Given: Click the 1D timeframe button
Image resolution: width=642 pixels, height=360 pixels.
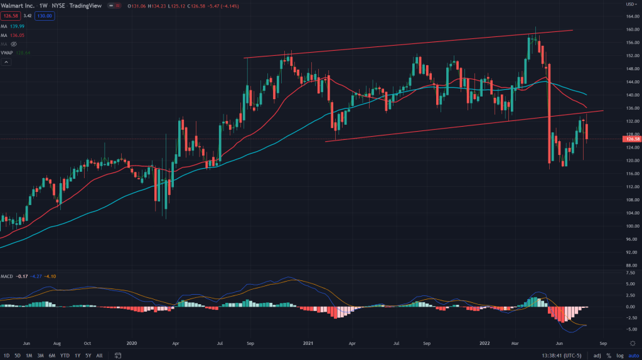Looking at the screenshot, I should [x=6, y=355].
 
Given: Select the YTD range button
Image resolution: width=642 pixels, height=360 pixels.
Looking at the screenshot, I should [x=64, y=355].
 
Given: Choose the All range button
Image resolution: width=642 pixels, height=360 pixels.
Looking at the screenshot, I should [x=99, y=355].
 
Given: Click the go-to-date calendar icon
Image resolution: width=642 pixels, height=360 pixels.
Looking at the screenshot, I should [x=117, y=355].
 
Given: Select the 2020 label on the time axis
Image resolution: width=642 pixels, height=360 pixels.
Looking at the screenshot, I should [x=132, y=344].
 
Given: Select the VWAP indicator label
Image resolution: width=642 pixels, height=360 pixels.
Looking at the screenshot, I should [x=8, y=53].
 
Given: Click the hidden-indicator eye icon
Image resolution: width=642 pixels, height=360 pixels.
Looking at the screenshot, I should [x=13, y=44].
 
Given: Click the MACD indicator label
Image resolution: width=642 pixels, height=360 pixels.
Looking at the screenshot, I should [x=7, y=276].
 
